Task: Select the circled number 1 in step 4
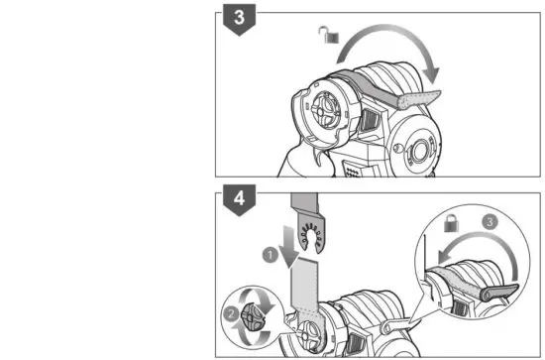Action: click(271, 255)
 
